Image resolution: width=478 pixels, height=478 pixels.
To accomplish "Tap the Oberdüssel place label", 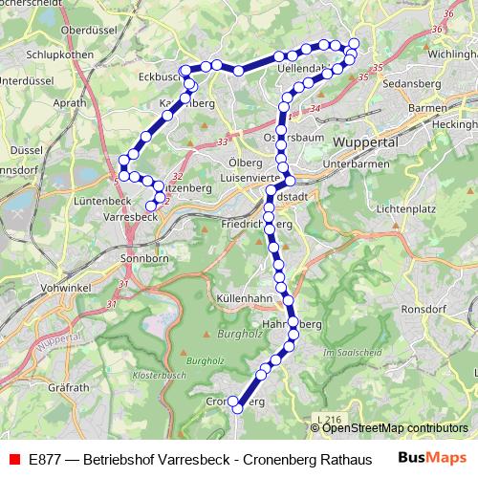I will (88, 31).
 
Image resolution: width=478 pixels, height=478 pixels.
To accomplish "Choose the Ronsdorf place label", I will (424, 311).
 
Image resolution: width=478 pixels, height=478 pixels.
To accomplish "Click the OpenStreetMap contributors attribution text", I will (395, 428).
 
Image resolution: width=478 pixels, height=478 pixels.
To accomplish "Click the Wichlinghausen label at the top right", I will (453, 54).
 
